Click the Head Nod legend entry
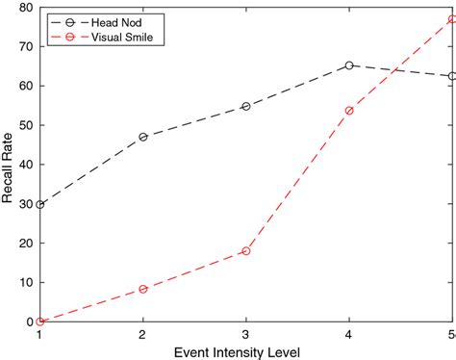[x=106, y=20]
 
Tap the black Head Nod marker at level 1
[x=39, y=204]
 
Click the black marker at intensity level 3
[x=246, y=106]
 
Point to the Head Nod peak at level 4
[x=349, y=65]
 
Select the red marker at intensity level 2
[x=143, y=289]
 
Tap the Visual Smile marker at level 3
[x=246, y=250]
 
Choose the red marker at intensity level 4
[x=349, y=111]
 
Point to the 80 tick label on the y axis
[x=25, y=8]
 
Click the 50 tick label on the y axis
[x=25, y=125]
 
